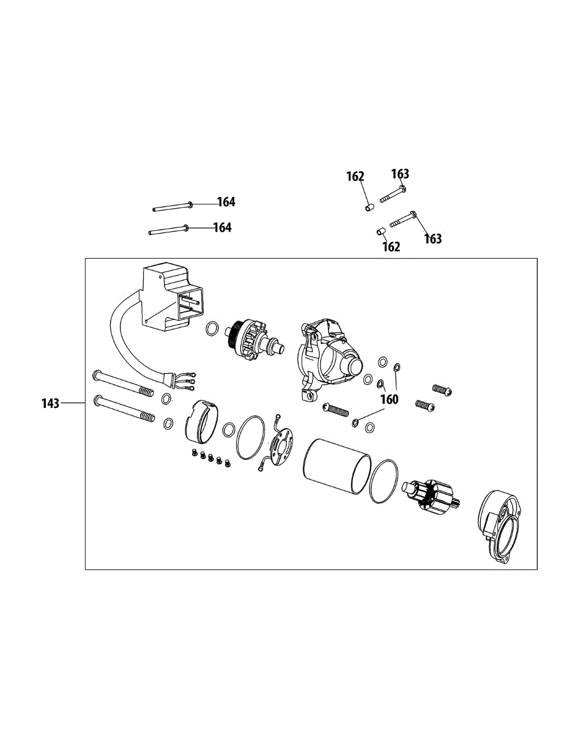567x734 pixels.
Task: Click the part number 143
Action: coord(51,404)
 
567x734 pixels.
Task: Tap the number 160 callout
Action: coord(389,399)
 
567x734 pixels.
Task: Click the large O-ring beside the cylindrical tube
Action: coord(384,482)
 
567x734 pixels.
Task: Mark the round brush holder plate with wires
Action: coord(281,445)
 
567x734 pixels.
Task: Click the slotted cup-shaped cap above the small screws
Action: coord(201,423)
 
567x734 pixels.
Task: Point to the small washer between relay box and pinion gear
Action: coord(212,329)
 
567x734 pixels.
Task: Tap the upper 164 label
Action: coord(226,202)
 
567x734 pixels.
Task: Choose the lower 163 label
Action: coord(432,239)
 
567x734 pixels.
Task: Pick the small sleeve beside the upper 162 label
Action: coord(369,209)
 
